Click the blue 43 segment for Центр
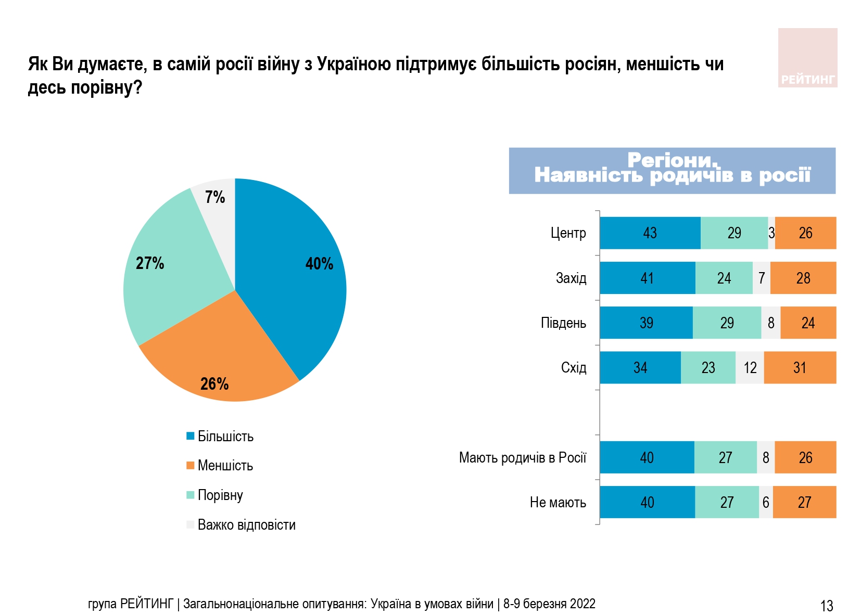(650, 233)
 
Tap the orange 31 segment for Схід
(800, 368)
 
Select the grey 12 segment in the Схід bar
(750, 368)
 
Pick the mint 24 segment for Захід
(724, 278)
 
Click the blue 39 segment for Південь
(646, 323)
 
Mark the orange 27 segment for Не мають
(804, 503)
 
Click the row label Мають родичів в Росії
(522, 458)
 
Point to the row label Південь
(563, 323)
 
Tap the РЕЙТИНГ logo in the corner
(807, 58)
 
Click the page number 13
(827, 606)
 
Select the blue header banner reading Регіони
(672, 171)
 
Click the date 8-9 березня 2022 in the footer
(549, 604)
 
